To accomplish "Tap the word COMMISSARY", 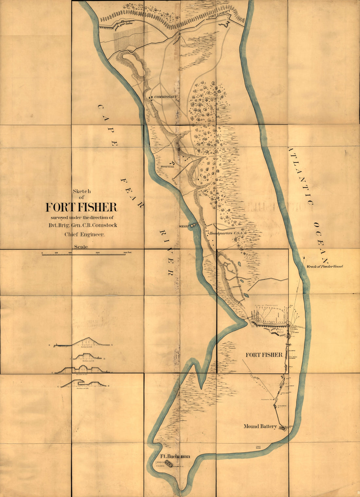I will coord(165,97).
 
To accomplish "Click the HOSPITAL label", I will coord(167,167).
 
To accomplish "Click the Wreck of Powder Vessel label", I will coord(324,267).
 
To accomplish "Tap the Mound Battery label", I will coord(260,426).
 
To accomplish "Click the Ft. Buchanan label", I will coord(175,456).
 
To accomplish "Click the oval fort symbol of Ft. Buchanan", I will coord(169,463).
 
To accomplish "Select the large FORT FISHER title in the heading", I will coord(81,207).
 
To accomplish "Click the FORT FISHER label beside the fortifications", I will coord(264,355).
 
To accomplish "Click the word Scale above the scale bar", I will coord(81,247).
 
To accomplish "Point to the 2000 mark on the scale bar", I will coord(98,253).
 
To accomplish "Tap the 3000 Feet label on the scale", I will coord(127,253).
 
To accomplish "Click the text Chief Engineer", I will coord(84,234).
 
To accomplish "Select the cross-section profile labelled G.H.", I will coord(83,383).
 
